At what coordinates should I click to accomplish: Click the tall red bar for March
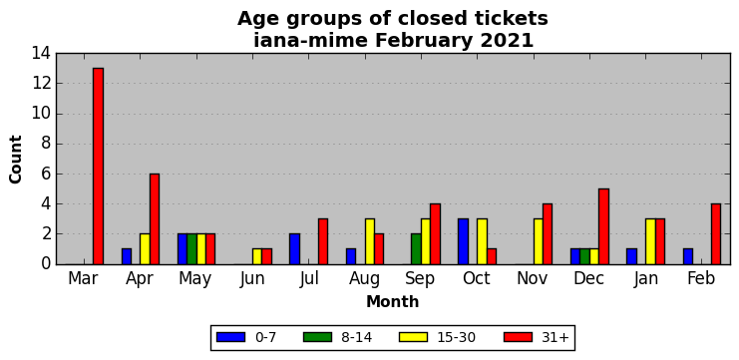(x=98, y=166)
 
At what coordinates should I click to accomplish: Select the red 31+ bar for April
(x=155, y=219)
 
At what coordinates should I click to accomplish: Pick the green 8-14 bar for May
(x=191, y=249)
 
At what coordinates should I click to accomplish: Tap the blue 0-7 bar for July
(x=294, y=249)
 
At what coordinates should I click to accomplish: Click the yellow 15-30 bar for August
(x=370, y=241)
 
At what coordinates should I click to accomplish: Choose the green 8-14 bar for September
(x=417, y=249)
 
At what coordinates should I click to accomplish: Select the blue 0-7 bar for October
(x=464, y=241)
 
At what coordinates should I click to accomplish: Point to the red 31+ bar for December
(x=603, y=226)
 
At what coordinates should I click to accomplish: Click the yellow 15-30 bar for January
(x=651, y=241)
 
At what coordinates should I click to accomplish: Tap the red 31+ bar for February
(x=716, y=234)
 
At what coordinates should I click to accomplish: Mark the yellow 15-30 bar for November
(x=539, y=241)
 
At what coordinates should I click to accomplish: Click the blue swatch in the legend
(x=231, y=337)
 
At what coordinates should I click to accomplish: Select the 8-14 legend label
(x=356, y=337)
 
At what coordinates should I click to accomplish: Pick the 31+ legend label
(x=554, y=337)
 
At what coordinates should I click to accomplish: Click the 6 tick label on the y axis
(x=46, y=174)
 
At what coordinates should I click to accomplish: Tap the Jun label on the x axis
(x=252, y=279)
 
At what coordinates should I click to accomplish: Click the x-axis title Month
(x=393, y=301)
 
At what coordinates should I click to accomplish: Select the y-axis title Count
(x=16, y=160)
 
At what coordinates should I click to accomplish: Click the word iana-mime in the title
(x=311, y=41)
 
